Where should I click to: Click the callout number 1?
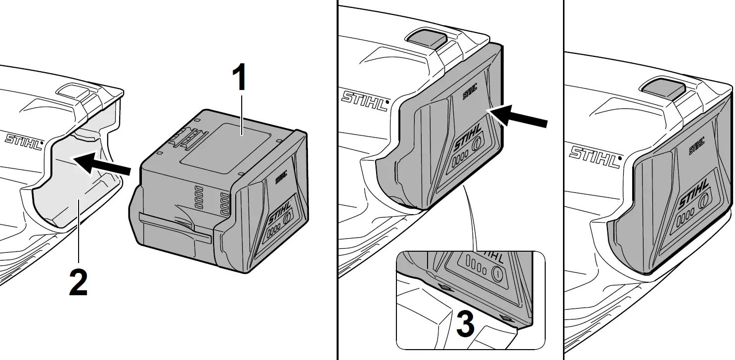click(239, 79)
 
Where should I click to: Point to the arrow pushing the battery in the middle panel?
click(520, 117)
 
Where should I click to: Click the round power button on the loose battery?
click(287, 218)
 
